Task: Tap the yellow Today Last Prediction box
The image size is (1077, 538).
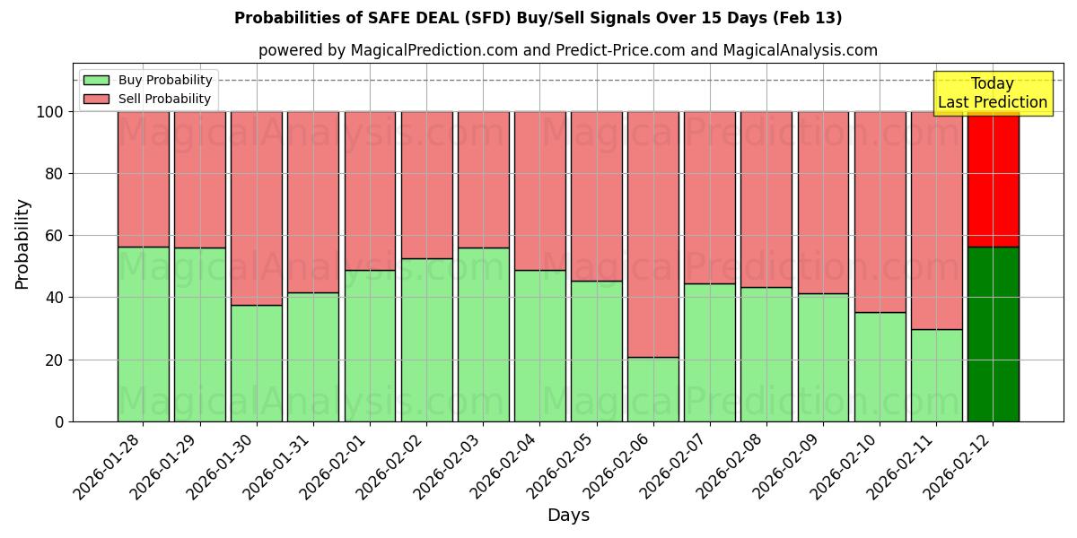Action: [x=992, y=93]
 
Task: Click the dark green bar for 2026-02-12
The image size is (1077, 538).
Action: [x=993, y=334]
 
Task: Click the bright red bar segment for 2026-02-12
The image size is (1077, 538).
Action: [x=993, y=178]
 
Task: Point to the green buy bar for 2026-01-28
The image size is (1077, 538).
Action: [x=144, y=334]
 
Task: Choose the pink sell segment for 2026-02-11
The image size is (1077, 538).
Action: [x=936, y=220]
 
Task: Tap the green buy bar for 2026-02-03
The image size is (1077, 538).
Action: [x=484, y=334]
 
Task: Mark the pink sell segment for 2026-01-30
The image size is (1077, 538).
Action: [x=257, y=208]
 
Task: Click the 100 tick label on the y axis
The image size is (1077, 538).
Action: [x=49, y=112]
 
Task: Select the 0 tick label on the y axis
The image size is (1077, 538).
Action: [x=59, y=421]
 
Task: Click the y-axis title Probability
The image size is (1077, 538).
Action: [x=22, y=243]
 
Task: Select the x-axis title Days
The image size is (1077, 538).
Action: [x=568, y=516]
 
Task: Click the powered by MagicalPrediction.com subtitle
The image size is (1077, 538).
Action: [x=568, y=51]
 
